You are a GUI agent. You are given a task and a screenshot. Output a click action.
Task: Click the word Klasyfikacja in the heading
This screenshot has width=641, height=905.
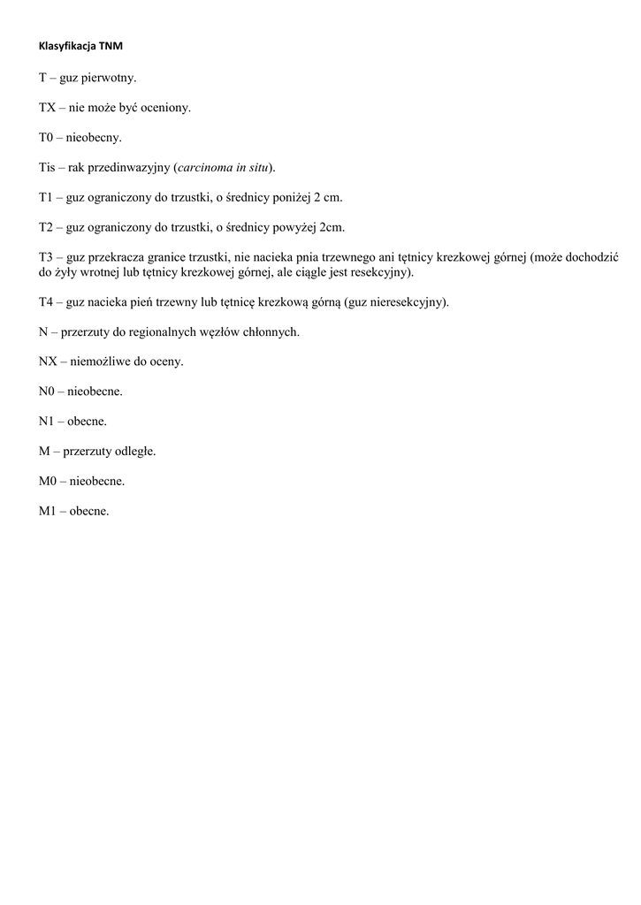pyautogui.click(x=67, y=44)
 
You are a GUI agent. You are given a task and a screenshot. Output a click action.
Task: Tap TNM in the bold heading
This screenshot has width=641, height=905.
pyautogui.click(x=111, y=44)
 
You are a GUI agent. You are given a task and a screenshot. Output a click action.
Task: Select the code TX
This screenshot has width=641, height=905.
pyautogui.click(x=48, y=108)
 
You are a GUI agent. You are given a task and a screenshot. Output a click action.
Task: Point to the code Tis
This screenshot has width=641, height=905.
pyautogui.click(x=47, y=168)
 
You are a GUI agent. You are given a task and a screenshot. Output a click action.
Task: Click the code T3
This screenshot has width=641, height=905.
pyautogui.click(x=47, y=257)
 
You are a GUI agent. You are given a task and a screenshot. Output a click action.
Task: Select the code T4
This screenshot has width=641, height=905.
pyautogui.click(x=47, y=302)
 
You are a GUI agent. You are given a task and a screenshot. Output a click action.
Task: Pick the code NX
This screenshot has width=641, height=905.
pyautogui.click(x=49, y=362)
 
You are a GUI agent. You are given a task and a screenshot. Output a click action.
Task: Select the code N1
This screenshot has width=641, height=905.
pyautogui.click(x=48, y=422)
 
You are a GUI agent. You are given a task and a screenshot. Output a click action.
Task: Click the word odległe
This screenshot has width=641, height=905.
pyautogui.click(x=136, y=452)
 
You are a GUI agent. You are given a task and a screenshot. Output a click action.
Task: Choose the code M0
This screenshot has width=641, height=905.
pyautogui.click(x=49, y=482)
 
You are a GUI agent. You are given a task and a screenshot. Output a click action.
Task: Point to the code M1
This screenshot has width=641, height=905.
pyautogui.click(x=49, y=512)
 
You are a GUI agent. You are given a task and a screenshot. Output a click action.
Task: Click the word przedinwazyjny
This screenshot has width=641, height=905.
pyautogui.click(x=129, y=168)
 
